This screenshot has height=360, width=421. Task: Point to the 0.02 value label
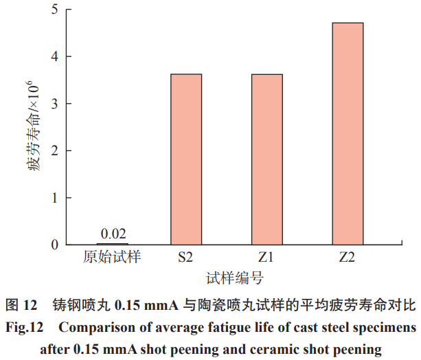click(x=112, y=234)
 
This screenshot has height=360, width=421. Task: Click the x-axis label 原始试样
click(x=112, y=258)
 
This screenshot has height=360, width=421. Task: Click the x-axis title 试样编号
click(x=235, y=278)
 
